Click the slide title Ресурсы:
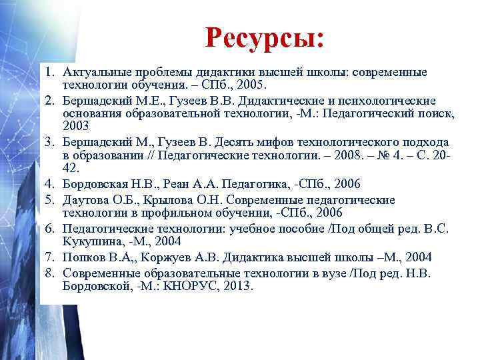pyautogui.click(x=265, y=37)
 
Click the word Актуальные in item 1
pyautogui.click(x=95, y=72)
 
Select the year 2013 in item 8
pyautogui.click(x=240, y=287)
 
